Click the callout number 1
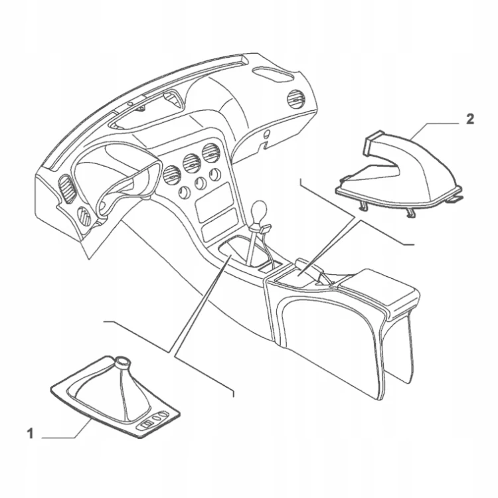tap(30, 434)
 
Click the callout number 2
tap(469, 119)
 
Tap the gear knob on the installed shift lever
tap(259, 210)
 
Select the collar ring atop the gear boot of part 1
tap(123, 362)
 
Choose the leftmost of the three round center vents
tap(172, 175)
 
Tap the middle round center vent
tap(191, 163)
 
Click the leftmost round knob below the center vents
tap(184, 193)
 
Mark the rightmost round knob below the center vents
tap(215, 175)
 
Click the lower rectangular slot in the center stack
tap(220, 227)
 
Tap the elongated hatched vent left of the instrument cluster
tap(67, 189)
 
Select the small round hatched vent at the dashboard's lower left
tap(84, 216)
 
